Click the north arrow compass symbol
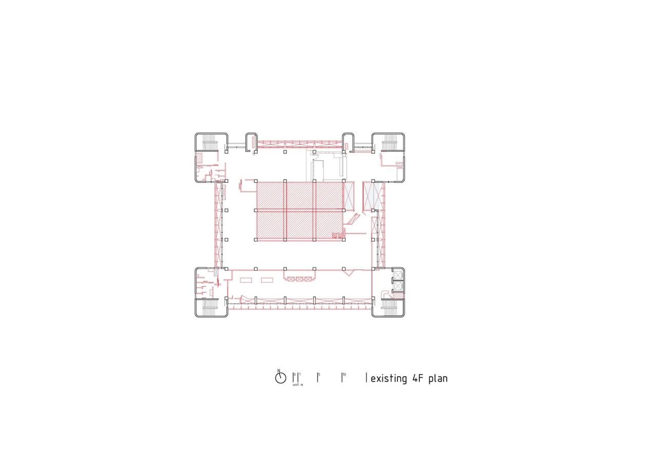coord(280,378)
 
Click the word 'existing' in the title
coord(388,379)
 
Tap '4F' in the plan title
coord(417,379)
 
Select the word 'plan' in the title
coord(438,379)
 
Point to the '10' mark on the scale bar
coord(343,375)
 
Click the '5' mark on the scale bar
coord(319,375)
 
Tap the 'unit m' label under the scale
coord(298,384)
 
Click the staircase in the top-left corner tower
coord(211,141)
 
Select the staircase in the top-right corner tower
coord(390,140)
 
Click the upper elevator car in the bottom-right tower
coord(398,276)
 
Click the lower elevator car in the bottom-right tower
coord(398,286)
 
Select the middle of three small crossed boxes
coord(299,279)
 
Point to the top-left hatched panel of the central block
coord(270,196)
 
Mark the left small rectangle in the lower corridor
coord(245,279)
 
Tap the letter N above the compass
coord(279,371)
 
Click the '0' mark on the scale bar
coord(294,375)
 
